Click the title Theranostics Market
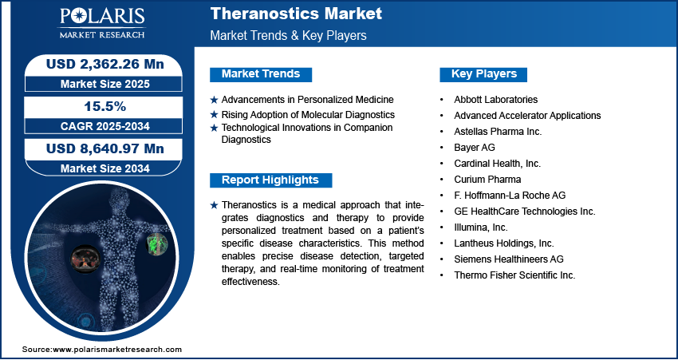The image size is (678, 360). click(295, 14)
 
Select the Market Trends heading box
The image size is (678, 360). click(261, 74)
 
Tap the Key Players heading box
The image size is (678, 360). click(484, 74)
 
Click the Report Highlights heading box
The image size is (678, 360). click(270, 180)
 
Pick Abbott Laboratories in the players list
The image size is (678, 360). click(495, 100)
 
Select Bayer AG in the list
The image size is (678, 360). click(474, 148)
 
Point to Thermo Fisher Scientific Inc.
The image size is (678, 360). click(514, 275)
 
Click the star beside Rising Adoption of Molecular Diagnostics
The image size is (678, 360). click(214, 115)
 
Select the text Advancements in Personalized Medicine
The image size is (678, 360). click(307, 100)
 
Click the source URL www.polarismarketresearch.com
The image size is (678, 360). click(117, 350)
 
